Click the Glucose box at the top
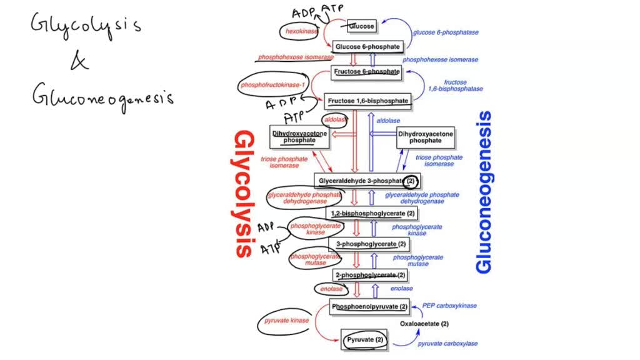coord(362,26)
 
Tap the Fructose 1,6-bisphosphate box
coord(367,100)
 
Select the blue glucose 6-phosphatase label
coord(444,32)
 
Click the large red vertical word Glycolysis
coord(244,194)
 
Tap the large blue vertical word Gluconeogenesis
coord(484,192)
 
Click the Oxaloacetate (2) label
coord(424,324)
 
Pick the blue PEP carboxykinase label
coord(449,306)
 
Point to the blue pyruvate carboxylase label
coord(448,344)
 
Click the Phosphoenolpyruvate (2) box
coord(369,307)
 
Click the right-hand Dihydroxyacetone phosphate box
coord(426,137)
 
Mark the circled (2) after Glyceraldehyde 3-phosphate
coord(410,181)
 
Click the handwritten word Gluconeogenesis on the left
coord(103,96)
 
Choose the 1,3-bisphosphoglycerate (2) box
coord(373,213)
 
